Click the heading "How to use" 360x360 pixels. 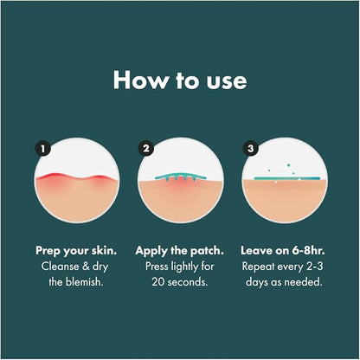tap(180, 80)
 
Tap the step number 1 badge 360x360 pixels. tap(41, 149)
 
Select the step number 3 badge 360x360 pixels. tap(251, 149)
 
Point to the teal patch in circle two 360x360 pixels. tap(181, 177)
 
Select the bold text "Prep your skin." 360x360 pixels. tap(76, 250)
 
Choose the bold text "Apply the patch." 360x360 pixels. tap(180, 250)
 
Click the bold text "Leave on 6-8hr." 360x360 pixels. tap(284, 250)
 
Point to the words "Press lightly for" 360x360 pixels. tap(180, 266)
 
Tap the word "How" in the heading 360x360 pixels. tap(135, 80)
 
